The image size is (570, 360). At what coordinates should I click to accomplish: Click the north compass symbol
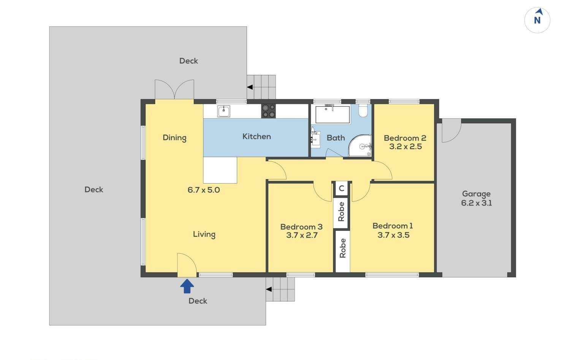(537, 20)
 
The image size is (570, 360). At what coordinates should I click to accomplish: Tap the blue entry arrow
(187, 286)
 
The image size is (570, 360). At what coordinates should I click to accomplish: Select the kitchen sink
(224, 111)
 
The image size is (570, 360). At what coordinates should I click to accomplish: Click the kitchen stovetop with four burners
(268, 111)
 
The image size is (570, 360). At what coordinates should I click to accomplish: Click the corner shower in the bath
(360, 146)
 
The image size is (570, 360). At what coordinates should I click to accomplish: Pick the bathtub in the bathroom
(332, 114)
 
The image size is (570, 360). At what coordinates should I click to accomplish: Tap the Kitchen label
(256, 136)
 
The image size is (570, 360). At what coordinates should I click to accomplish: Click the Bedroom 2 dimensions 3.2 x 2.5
(405, 146)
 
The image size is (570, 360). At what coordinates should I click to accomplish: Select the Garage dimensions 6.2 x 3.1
(477, 203)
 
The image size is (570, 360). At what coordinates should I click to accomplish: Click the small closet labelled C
(342, 189)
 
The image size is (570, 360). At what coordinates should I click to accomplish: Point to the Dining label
(174, 138)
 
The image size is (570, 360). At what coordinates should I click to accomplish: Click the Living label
(204, 234)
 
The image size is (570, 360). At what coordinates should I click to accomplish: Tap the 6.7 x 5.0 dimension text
(204, 190)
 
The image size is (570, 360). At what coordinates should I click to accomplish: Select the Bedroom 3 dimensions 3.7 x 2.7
(302, 235)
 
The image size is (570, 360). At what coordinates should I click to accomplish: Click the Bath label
(336, 138)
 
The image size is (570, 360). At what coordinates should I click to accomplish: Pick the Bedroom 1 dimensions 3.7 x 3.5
(393, 235)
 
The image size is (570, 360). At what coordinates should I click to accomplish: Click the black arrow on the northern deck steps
(250, 87)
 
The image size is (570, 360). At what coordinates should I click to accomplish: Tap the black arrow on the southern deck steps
(269, 289)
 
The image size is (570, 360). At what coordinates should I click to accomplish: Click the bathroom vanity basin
(315, 139)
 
